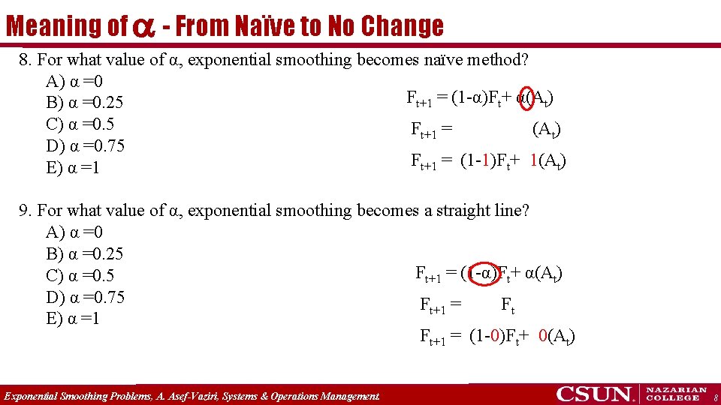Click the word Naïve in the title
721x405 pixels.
point(265,26)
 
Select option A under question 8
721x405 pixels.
point(74,81)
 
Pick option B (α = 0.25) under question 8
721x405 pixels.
point(84,103)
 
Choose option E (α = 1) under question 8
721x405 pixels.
point(72,168)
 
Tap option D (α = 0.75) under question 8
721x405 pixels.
point(84,146)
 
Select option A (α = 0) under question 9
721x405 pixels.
point(74,232)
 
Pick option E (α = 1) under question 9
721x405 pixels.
point(72,319)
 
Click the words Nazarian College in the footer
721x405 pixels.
point(677,394)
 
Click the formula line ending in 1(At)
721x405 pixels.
point(488,161)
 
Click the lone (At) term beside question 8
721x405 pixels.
point(546,130)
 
